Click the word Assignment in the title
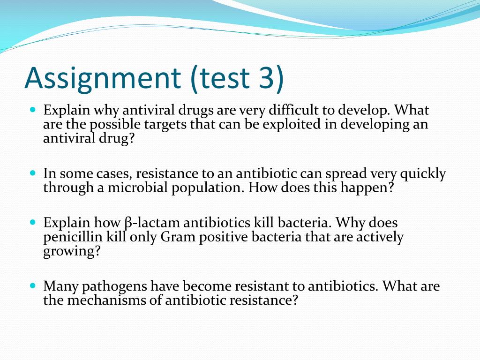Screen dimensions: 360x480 (x=102, y=78)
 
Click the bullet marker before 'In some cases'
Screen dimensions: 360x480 (x=32, y=173)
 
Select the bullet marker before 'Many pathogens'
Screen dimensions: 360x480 (x=32, y=285)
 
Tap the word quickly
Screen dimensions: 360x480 (x=423, y=174)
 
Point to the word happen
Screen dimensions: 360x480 (x=370, y=188)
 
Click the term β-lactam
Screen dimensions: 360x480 (x=148, y=223)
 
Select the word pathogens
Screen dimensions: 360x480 (x=114, y=286)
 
